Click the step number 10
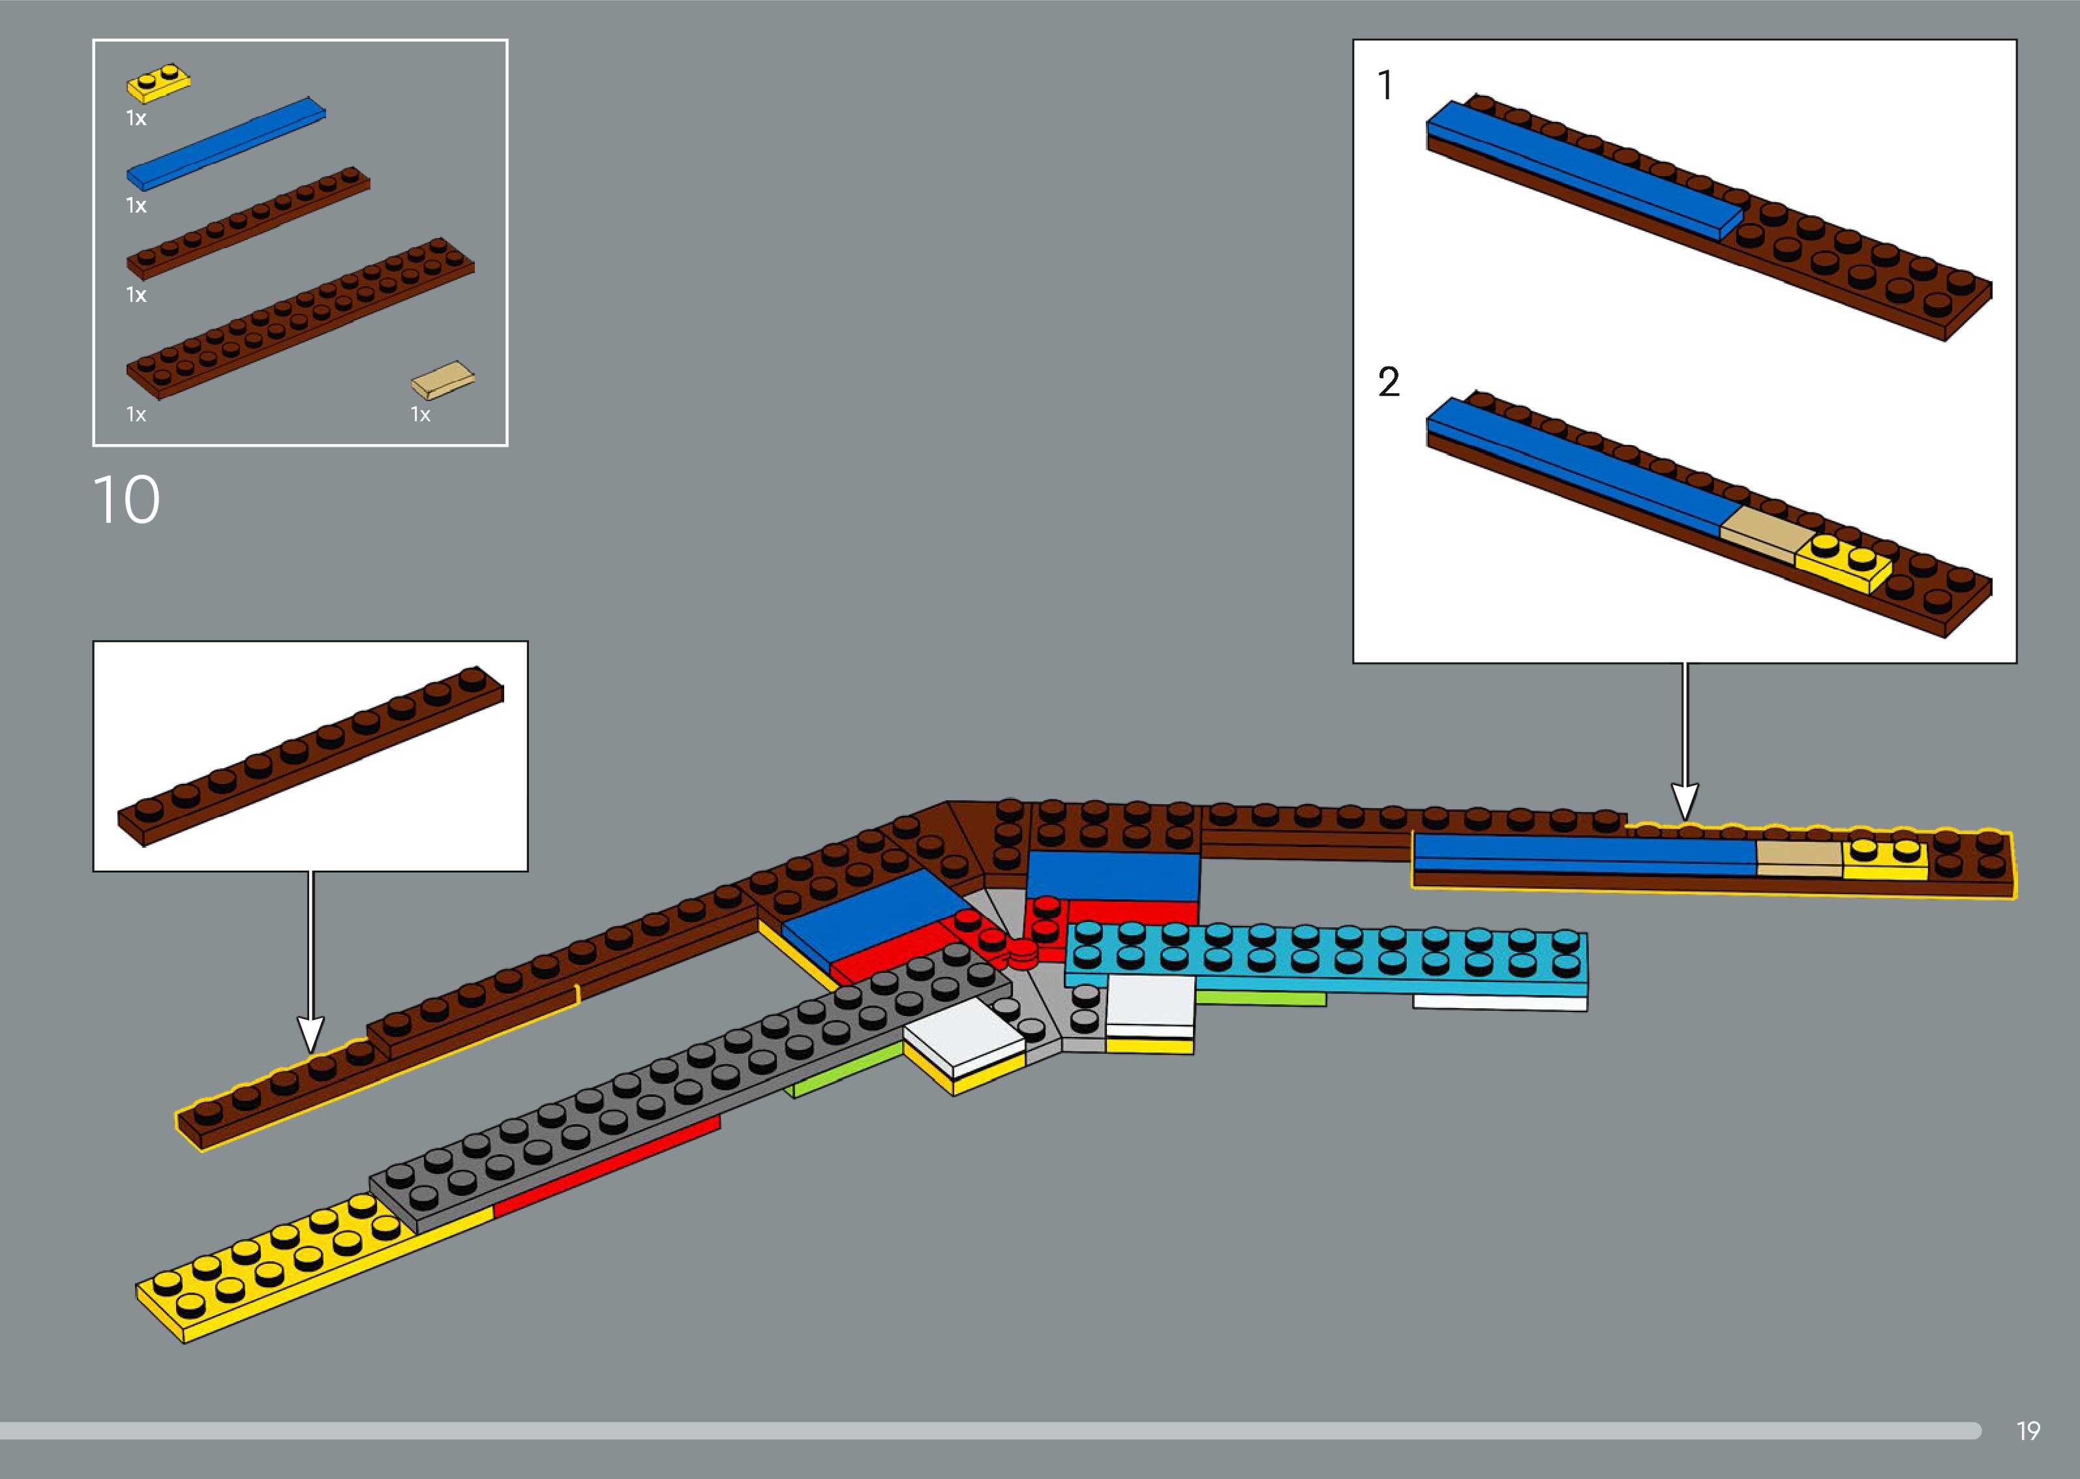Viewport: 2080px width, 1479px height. click(x=127, y=500)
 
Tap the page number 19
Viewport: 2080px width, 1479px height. click(x=2028, y=1431)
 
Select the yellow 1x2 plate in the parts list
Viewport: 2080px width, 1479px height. click(x=158, y=83)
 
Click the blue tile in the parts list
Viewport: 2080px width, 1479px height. click(x=226, y=142)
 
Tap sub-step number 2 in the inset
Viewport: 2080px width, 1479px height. click(x=1388, y=383)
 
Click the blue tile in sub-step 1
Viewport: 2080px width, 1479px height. click(x=1584, y=173)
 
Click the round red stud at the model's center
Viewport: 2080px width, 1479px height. click(x=1023, y=951)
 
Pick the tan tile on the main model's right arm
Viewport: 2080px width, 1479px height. click(x=1799, y=858)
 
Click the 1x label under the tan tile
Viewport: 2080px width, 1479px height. click(x=420, y=415)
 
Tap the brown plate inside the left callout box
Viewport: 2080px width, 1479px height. click(x=310, y=756)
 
